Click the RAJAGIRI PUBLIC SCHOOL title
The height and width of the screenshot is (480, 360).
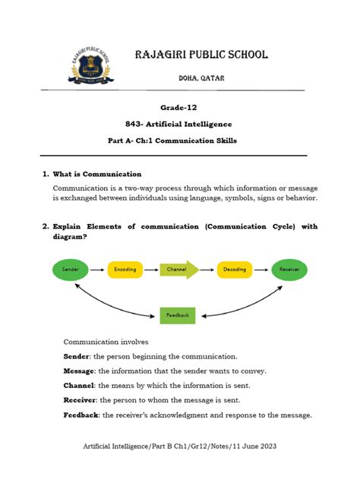click(x=201, y=55)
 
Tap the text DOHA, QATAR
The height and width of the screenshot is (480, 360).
click(x=201, y=78)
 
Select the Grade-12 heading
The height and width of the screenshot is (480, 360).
click(x=178, y=107)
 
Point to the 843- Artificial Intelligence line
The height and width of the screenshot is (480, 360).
click(x=178, y=124)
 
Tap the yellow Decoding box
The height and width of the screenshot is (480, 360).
click(x=234, y=269)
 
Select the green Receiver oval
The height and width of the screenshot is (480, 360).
click(x=289, y=269)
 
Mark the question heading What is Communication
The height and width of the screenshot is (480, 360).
click(x=96, y=174)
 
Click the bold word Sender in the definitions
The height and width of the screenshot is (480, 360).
click(x=77, y=355)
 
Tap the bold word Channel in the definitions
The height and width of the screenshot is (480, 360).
click(x=79, y=385)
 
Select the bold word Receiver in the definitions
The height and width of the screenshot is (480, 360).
click(x=81, y=399)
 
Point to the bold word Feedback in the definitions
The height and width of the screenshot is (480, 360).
click(x=81, y=415)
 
